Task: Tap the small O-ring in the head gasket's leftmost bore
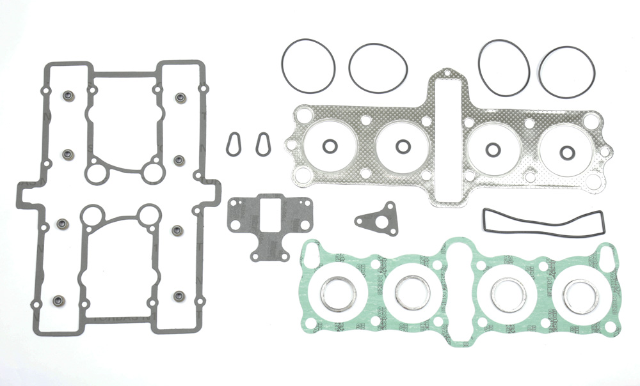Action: [x=329, y=146]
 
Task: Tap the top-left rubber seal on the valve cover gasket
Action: [x=67, y=97]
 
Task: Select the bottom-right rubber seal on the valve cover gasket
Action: [x=179, y=296]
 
